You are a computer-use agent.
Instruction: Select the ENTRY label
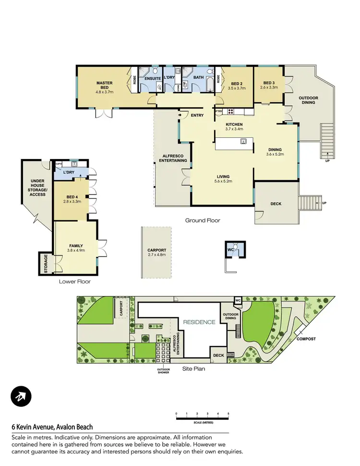coord(197,115)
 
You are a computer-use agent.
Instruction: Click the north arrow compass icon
coord(21,397)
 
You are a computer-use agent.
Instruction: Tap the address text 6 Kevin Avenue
coord(52,427)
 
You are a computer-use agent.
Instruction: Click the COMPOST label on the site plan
coord(306,339)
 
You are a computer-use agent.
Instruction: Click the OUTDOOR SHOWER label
coord(163,371)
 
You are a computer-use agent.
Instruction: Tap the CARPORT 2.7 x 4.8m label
coord(156,253)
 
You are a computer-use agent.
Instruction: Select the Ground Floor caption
coord(203,221)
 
